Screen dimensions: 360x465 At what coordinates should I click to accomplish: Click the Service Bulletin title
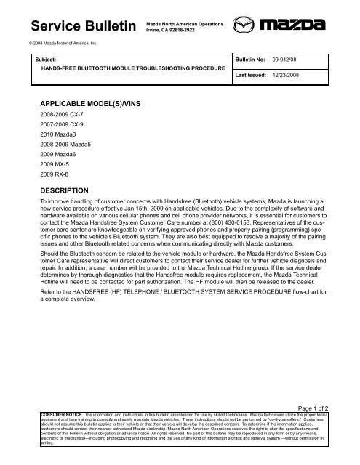click(79, 27)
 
